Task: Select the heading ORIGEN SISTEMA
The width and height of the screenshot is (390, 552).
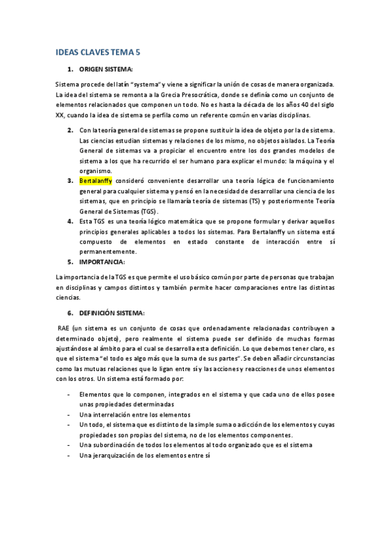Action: point(105,69)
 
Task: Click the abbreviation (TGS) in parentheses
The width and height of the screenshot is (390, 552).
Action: point(148,211)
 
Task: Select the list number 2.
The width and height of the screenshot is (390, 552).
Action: point(70,130)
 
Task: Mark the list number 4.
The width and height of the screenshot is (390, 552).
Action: point(70,221)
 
